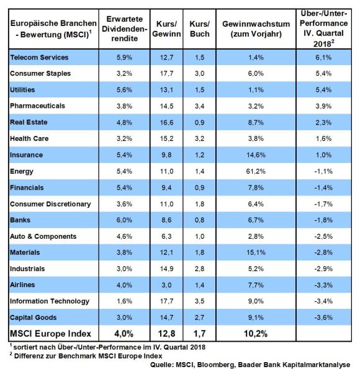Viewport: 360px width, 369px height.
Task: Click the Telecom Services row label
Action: [39, 58]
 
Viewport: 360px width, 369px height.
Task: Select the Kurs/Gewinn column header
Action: [166, 29]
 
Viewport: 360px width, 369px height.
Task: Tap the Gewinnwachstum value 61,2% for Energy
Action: [256, 171]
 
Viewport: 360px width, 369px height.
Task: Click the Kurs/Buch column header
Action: [200, 29]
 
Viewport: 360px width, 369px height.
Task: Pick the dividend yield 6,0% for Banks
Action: [124, 220]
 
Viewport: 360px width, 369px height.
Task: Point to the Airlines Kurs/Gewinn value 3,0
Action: [166, 285]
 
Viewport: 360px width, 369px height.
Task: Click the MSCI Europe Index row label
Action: [50, 334]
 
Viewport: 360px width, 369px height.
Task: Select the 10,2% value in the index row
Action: [256, 334]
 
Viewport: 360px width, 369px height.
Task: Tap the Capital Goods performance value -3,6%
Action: [323, 318]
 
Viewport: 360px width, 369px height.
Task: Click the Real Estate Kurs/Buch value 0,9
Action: [200, 122]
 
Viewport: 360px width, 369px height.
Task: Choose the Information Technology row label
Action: [50, 301]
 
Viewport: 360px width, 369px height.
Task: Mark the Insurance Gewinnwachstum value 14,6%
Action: [256, 155]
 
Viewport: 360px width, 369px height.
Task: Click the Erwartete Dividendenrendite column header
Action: [124, 29]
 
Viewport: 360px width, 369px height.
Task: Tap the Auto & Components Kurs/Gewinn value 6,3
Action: [166, 236]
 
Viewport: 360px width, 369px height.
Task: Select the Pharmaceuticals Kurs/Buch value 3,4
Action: [200, 106]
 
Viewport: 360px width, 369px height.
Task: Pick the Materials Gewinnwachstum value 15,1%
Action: [256, 252]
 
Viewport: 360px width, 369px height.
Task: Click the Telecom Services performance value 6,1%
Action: [323, 58]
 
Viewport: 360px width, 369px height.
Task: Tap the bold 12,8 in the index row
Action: [166, 334]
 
